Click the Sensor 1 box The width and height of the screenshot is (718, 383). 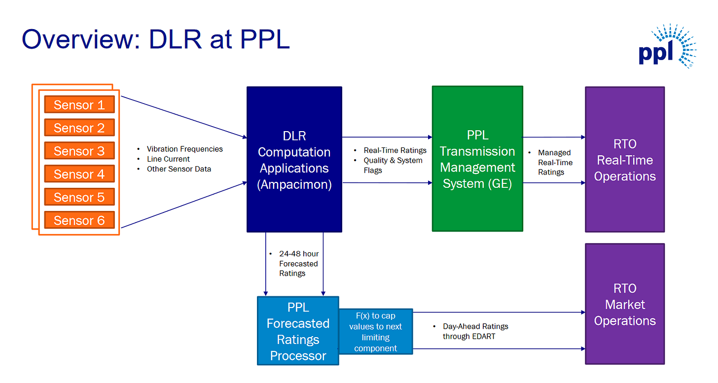pos(79,104)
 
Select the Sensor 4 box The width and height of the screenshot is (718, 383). pos(79,174)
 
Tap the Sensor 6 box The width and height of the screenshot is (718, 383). pos(79,220)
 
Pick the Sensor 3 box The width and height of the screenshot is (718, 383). pos(79,151)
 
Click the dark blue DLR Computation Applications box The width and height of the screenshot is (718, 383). pos(294,159)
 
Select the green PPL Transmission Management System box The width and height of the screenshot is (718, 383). pos(477,159)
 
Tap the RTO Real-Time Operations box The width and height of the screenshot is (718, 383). pos(625,159)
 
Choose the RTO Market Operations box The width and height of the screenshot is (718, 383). pos(625,304)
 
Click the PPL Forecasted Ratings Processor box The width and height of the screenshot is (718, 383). pos(298,331)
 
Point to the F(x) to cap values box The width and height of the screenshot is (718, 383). pos(376,332)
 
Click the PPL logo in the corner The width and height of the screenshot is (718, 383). pos(667,46)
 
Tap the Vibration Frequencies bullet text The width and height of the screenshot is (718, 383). pos(184,149)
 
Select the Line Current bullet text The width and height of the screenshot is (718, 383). pos(168,159)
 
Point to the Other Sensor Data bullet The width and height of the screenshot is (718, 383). pos(179,169)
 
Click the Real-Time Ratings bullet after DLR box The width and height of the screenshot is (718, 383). pos(395,150)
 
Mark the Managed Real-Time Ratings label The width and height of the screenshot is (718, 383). pos(555,163)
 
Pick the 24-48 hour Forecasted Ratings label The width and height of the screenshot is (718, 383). pos(299,263)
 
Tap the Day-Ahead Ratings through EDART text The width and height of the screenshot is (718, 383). pos(475,331)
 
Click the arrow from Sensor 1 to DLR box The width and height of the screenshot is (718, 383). pos(184,117)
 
